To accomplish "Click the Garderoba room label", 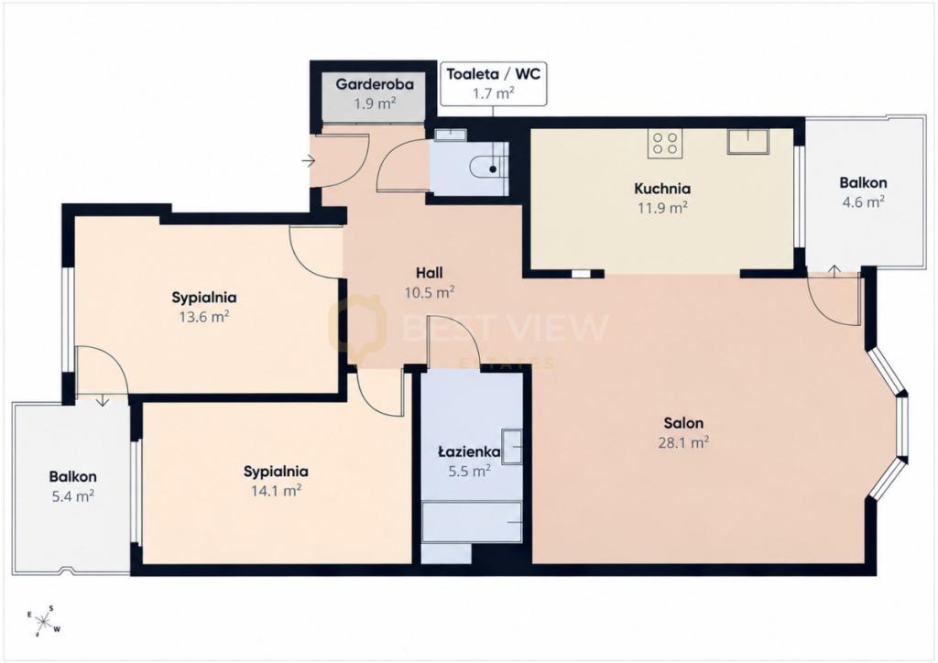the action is (x=375, y=83).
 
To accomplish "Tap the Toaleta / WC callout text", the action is (x=494, y=74).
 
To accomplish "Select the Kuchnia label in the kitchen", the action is (x=662, y=189).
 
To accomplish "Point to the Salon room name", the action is (x=683, y=423).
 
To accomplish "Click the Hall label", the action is (x=430, y=273).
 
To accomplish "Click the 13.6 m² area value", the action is (x=204, y=316).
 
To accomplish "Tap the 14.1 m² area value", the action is (x=276, y=491).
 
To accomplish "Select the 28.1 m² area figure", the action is (x=683, y=442).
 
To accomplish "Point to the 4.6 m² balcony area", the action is (x=863, y=202).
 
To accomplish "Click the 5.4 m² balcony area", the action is (x=73, y=496).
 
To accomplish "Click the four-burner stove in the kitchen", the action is (x=665, y=144).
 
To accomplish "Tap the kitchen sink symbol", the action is (x=748, y=142).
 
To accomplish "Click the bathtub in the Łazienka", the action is (x=472, y=522).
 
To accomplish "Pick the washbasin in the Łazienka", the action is (x=512, y=446).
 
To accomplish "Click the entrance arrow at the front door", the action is (x=308, y=161).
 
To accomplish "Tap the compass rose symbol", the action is (x=44, y=620).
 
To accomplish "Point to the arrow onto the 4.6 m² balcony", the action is (x=834, y=269).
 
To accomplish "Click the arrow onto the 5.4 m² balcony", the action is (x=103, y=400).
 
